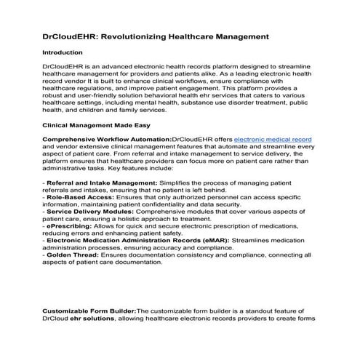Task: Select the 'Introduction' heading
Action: pos(63,52)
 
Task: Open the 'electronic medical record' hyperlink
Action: pos(273,138)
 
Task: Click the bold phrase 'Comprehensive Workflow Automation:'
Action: pos(107,138)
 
